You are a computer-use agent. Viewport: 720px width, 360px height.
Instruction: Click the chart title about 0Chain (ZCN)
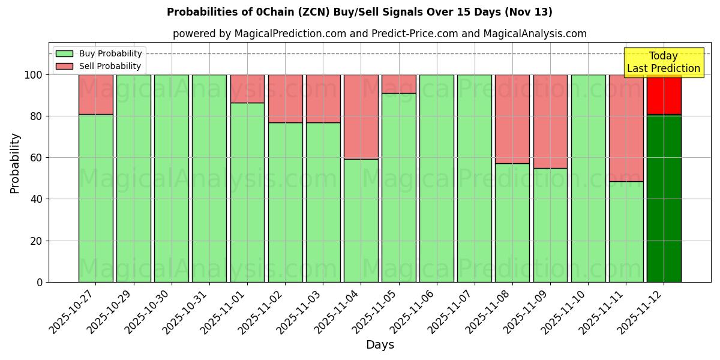[x=359, y=12]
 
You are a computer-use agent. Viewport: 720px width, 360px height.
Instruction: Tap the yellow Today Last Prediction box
[x=664, y=62]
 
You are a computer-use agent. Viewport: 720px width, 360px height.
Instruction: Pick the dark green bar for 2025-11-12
[x=664, y=198]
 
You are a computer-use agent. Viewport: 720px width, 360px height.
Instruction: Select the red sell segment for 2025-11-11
[x=626, y=128]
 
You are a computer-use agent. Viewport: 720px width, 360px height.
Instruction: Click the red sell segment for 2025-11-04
[x=361, y=116]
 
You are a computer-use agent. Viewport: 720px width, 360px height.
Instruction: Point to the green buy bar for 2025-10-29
[x=134, y=178]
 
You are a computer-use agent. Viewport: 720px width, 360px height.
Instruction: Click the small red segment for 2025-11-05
[x=399, y=84]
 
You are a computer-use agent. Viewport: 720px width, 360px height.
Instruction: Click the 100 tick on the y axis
[x=35, y=75]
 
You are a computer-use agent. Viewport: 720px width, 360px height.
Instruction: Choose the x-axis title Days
[x=380, y=345]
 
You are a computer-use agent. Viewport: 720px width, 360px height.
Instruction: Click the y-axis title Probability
[x=15, y=163]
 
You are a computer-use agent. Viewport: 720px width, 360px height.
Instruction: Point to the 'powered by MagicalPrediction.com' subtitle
[x=380, y=34]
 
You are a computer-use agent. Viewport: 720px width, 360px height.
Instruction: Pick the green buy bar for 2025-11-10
[x=588, y=178]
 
